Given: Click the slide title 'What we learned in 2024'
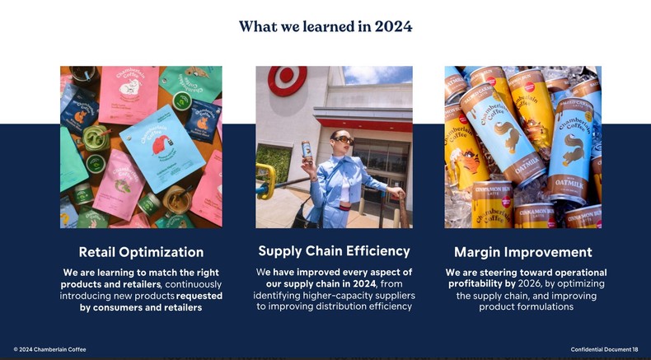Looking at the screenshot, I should click(325, 26).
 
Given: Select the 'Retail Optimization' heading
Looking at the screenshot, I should click(141, 252).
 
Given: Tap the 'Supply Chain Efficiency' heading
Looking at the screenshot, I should click(334, 250).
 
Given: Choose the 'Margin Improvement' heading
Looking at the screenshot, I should click(522, 252).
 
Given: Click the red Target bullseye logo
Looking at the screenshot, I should click(288, 81).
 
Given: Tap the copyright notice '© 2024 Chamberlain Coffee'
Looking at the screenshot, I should click(49, 349).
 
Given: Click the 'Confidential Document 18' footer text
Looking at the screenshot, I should click(604, 349).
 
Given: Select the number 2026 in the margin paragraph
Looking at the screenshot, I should click(530, 284).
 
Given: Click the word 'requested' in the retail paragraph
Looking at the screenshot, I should click(199, 296).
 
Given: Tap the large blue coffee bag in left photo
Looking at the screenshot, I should click(162, 148).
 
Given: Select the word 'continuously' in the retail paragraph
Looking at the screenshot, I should click(194, 284).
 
